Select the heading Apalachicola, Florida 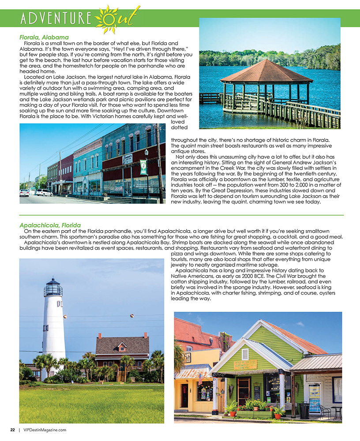click(x=50, y=225)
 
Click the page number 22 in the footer click(x=13, y=429)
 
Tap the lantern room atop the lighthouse click(x=53, y=288)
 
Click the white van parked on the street click(x=44, y=192)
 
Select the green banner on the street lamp click(x=143, y=167)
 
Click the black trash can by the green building click(x=304, y=411)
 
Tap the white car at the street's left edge click(x=24, y=193)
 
